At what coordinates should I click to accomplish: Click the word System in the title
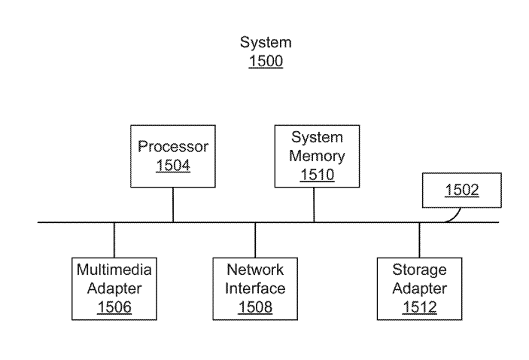(x=266, y=43)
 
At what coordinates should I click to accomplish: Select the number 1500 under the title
(x=266, y=62)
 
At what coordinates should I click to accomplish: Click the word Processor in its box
(x=173, y=146)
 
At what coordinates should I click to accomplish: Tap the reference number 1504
(x=173, y=165)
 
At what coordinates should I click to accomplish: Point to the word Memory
(x=318, y=157)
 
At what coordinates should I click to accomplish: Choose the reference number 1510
(x=318, y=175)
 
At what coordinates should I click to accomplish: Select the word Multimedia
(x=114, y=270)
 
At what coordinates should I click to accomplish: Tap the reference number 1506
(x=114, y=307)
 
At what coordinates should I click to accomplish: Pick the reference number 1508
(x=255, y=307)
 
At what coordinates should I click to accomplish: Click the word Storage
(x=419, y=270)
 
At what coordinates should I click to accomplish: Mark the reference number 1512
(x=419, y=307)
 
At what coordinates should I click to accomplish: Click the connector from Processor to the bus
(x=173, y=204)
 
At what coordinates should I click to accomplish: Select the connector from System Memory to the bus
(x=315, y=204)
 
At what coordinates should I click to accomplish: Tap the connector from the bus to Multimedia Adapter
(x=114, y=239)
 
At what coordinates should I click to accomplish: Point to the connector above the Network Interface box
(x=255, y=239)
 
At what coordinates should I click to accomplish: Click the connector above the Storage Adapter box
(x=420, y=239)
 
